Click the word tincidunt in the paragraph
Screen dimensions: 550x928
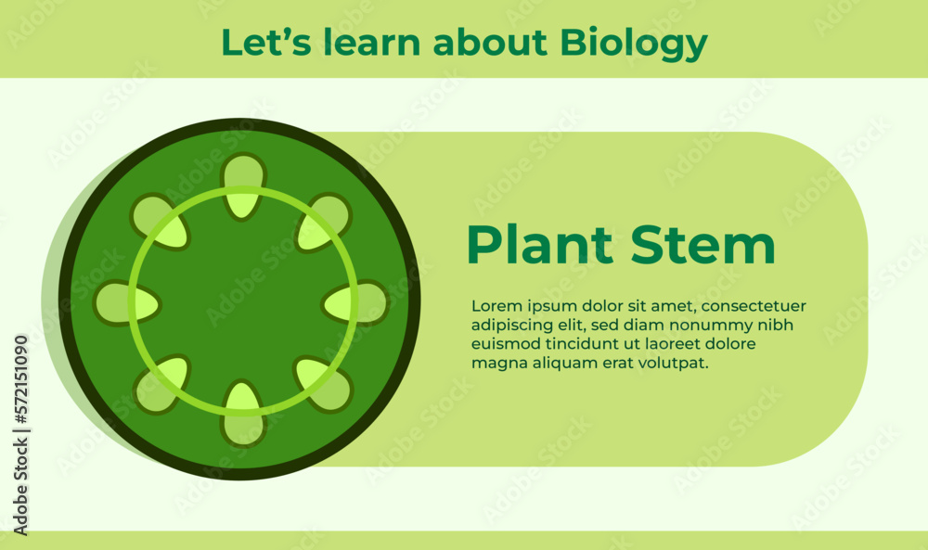point(574,344)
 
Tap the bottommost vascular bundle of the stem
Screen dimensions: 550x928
point(243,412)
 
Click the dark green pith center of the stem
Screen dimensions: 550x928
point(243,301)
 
